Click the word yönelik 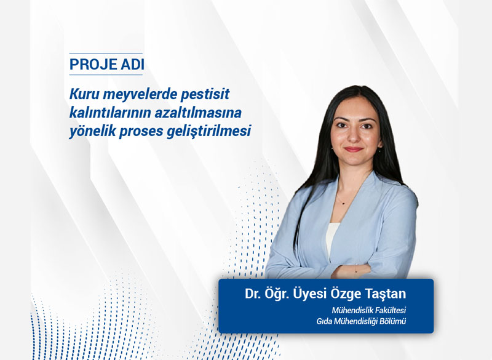point(89,132)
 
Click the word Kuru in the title point(84,95)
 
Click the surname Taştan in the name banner point(387,292)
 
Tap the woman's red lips point(352,150)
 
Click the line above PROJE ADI point(106,54)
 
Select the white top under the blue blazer point(333,237)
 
